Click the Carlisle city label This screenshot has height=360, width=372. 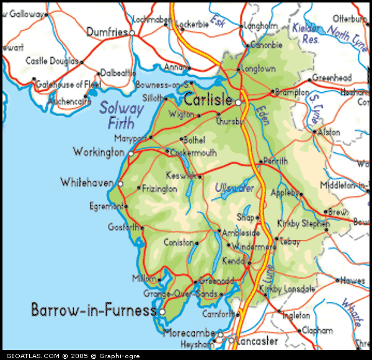(x=208, y=99)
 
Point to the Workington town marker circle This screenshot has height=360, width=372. (x=131, y=152)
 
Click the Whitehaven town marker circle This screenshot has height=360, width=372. (x=120, y=183)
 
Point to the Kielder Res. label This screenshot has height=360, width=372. (x=305, y=33)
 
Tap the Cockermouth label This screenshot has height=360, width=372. (x=192, y=152)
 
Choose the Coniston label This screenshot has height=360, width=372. (x=179, y=242)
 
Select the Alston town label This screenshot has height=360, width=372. (x=329, y=132)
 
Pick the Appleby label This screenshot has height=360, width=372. (x=285, y=192)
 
